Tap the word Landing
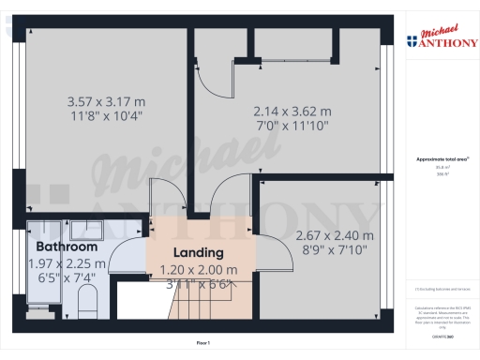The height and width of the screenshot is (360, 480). coord(198,252)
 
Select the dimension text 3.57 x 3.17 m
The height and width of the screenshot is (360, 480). coord(106,101)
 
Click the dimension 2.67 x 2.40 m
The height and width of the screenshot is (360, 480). coord(334,235)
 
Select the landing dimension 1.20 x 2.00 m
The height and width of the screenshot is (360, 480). coord(199,269)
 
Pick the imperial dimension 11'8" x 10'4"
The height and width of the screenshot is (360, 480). coord(106,116)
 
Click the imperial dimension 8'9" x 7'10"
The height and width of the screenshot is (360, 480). coord(334,250)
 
